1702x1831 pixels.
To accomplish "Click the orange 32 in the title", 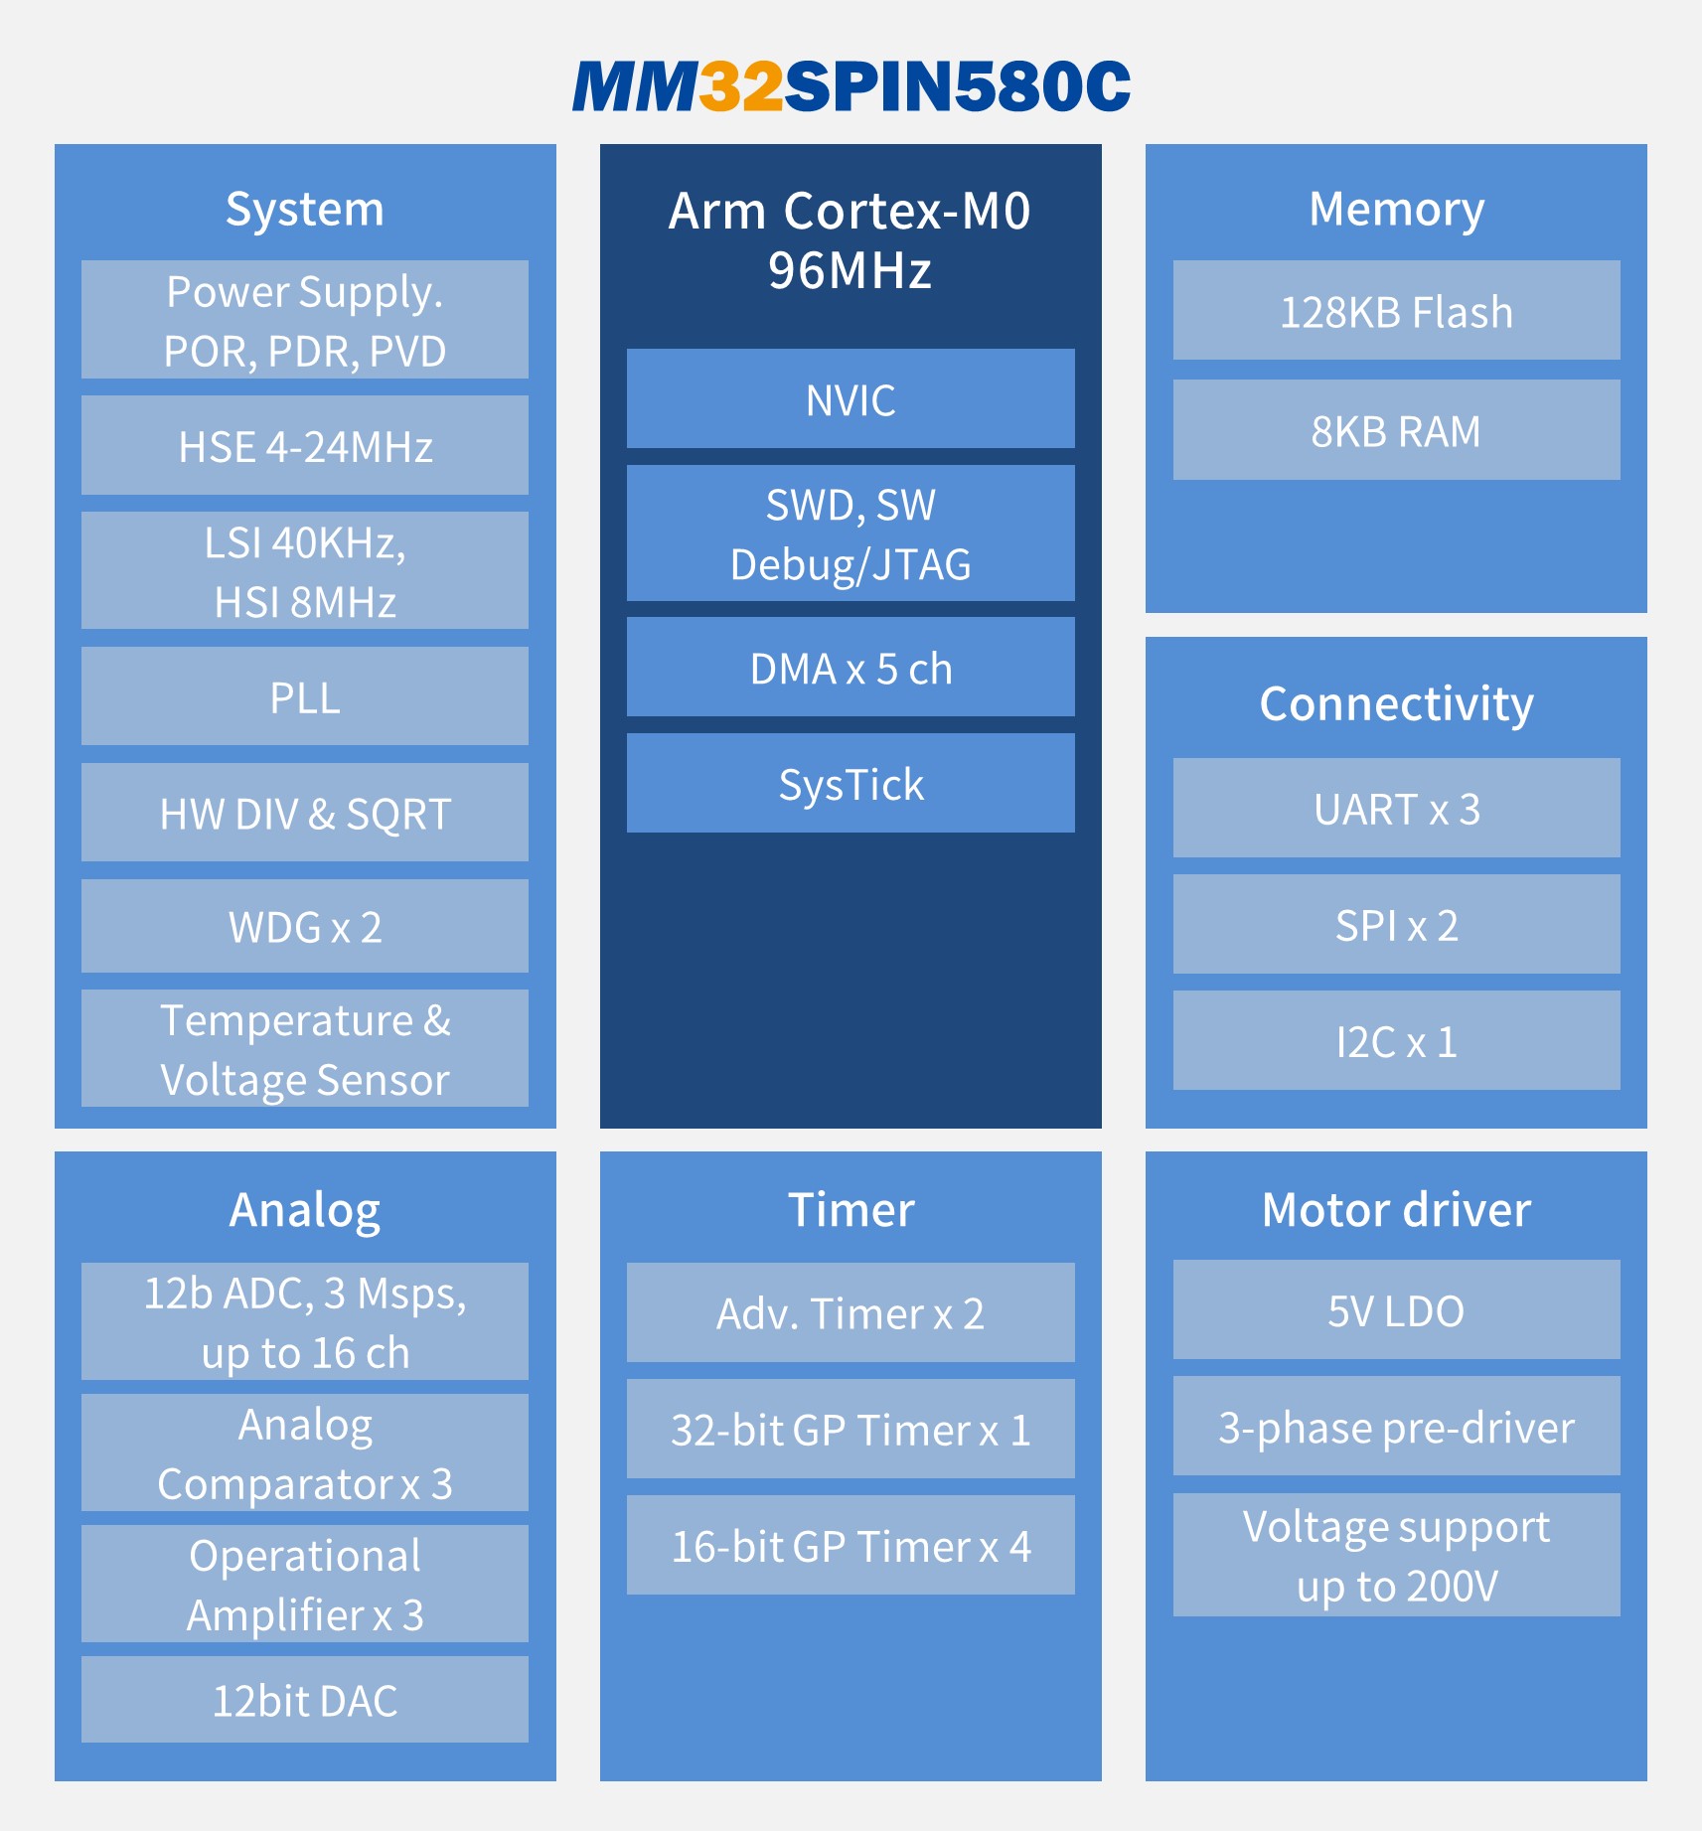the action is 741,86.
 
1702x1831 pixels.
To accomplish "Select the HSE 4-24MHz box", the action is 305,445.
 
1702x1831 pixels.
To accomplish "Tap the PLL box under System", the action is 305,696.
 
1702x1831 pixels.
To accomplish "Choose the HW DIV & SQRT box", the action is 305,813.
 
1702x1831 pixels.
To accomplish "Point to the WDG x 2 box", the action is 305,926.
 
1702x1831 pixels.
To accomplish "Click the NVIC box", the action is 851,398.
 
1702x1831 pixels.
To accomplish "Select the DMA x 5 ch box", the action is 851,667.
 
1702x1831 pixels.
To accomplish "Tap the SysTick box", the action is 851,783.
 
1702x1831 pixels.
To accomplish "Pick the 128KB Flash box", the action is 1396,310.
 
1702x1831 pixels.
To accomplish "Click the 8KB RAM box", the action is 1396,429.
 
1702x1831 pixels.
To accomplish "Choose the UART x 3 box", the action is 1396,808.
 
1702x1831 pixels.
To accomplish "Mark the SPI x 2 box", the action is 1396,924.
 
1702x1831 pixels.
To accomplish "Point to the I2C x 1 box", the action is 1396,1040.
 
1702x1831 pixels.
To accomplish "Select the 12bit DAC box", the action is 305,1699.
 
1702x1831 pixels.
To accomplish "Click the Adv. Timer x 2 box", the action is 851,1312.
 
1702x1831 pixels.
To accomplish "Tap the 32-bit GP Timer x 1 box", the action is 851,1429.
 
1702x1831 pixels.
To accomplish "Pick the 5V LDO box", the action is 1396,1309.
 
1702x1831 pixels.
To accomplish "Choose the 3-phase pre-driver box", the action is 1396,1426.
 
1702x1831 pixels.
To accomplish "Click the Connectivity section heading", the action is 1396,704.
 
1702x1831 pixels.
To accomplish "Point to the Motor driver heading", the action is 1396,1209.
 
